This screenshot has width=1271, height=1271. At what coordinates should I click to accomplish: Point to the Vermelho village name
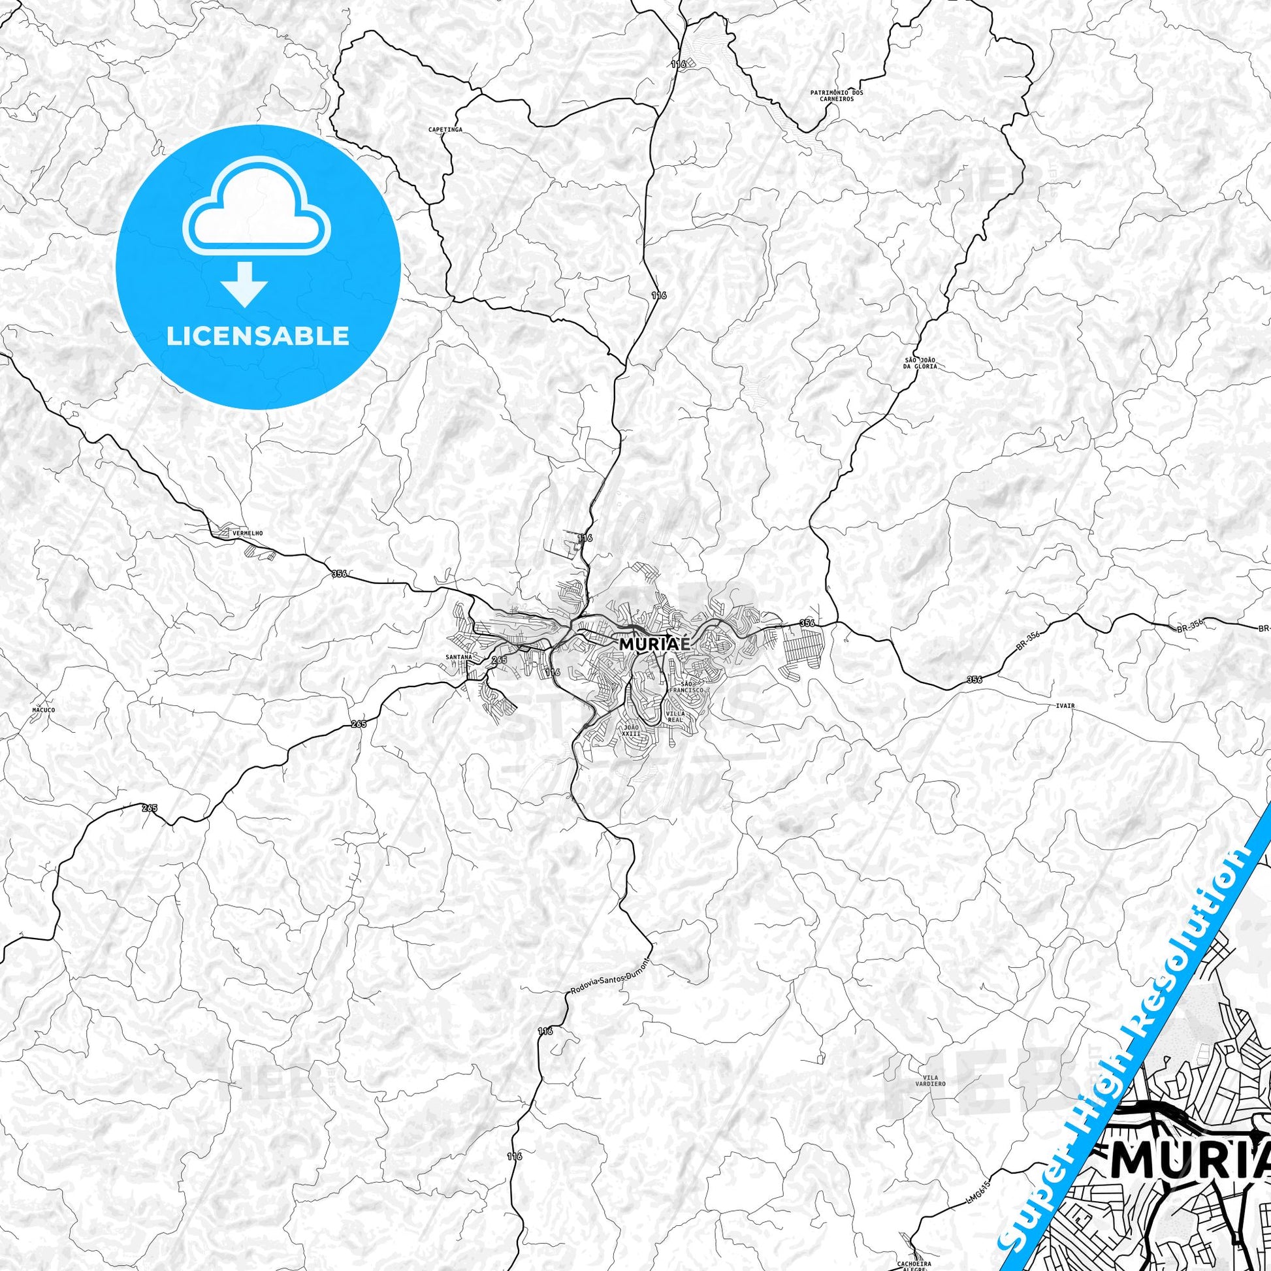(x=234, y=532)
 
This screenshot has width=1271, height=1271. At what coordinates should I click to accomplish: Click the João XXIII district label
(x=630, y=731)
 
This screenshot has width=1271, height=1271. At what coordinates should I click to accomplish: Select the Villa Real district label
(x=675, y=716)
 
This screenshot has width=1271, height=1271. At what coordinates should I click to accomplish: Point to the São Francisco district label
(x=688, y=688)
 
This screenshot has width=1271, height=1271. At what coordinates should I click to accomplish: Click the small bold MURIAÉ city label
(x=655, y=645)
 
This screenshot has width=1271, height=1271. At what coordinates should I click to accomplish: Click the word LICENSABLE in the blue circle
(x=258, y=336)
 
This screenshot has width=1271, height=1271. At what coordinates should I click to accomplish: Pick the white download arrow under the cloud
(x=245, y=285)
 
